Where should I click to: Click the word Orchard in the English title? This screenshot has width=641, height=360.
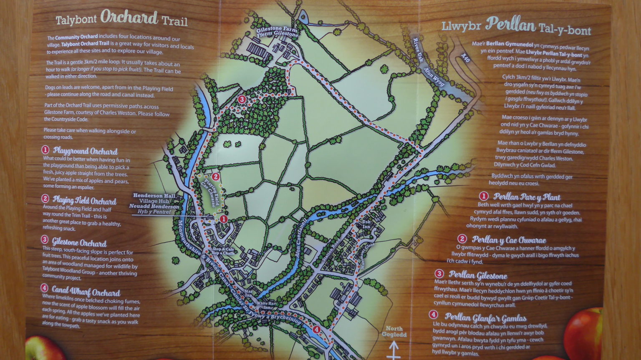click(x=129, y=18)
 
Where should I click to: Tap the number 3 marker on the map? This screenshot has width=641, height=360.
click(x=242, y=99)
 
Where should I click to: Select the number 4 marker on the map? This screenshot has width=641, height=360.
click(x=316, y=330)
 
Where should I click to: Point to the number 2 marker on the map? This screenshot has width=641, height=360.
click(x=215, y=176)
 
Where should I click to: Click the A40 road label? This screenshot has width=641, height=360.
click(x=466, y=58)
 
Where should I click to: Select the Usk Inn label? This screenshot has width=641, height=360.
click(x=366, y=224)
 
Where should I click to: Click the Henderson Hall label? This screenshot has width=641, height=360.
click(x=154, y=196)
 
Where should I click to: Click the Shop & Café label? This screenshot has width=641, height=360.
click(x=223, y=250)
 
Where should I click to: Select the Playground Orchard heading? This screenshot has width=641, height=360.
click(x=85, y=151)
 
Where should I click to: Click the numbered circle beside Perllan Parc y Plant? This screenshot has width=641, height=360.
click(x=483, y=196)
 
